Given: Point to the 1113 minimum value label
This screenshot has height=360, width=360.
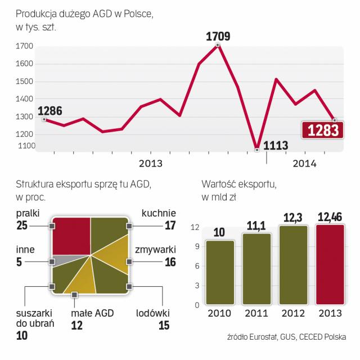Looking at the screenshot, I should click(276, 146).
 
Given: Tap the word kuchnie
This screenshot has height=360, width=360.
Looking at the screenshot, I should click(159, 213).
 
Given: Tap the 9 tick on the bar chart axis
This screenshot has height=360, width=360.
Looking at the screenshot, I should click(196, 246).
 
